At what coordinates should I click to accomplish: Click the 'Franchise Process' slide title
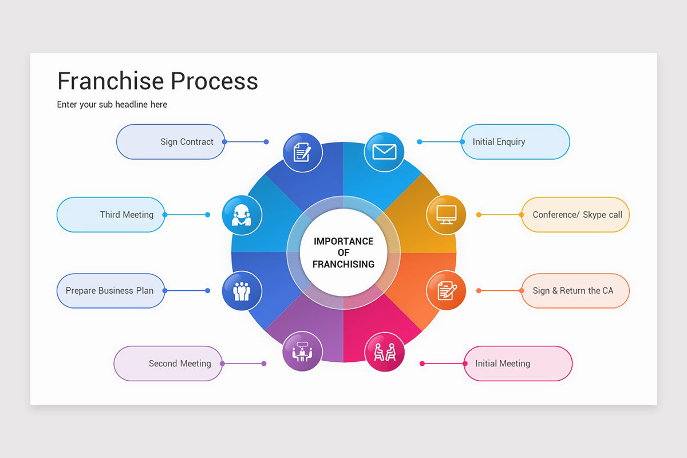coord(157,81)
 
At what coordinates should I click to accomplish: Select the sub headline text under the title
coord(112,104)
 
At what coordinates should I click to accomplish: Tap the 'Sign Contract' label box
coord(171,142)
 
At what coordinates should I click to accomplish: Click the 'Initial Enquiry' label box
coord(515,142)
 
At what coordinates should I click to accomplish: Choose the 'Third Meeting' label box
coord(111,215)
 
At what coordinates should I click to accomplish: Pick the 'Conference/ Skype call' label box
coord(575,215)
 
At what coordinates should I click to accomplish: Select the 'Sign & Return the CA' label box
coord(575,291)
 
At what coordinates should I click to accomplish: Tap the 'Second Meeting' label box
coord(168,364)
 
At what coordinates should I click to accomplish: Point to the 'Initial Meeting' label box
coord(518,364)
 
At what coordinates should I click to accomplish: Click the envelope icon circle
coord(384,152)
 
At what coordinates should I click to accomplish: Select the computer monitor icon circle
coord(446,215)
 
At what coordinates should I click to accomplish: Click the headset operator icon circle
coord(242,215)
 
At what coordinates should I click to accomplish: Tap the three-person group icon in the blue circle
coord(242,291)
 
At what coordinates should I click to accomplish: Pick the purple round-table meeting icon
coord(302,351)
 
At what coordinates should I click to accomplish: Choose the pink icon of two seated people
coord(385,352)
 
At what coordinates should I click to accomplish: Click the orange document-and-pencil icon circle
coord(446,291)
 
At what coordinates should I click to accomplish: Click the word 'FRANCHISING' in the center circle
coord(343,264)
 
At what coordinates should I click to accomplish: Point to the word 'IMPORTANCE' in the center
coord(343,241)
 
